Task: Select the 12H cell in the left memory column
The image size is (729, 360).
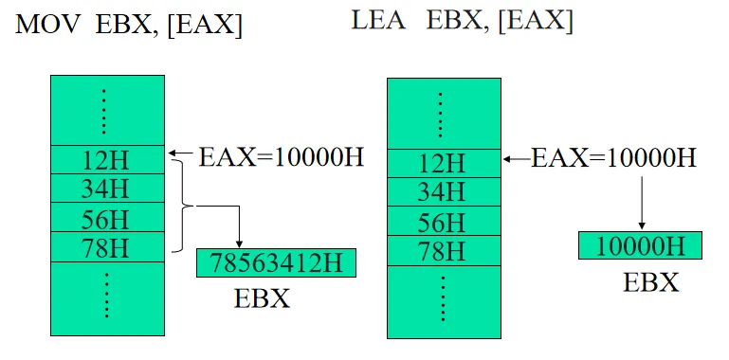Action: (106, 158)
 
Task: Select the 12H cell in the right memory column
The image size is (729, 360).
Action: (442, 163)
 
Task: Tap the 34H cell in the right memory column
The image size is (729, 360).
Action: (442, 192)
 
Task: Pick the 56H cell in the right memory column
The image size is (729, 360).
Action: (442, 223)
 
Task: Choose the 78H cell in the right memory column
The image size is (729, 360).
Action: (442, 252)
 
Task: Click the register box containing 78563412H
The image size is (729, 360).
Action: (276, 262)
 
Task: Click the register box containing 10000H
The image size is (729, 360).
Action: (640, 245)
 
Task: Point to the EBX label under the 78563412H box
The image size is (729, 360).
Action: (262, 298)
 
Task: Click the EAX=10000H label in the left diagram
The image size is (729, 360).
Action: (281, 156)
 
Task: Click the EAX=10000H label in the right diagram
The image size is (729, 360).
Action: (613, 157)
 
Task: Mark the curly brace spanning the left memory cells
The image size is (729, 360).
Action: (181, 206)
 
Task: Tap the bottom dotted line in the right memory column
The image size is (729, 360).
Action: (442, 300)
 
